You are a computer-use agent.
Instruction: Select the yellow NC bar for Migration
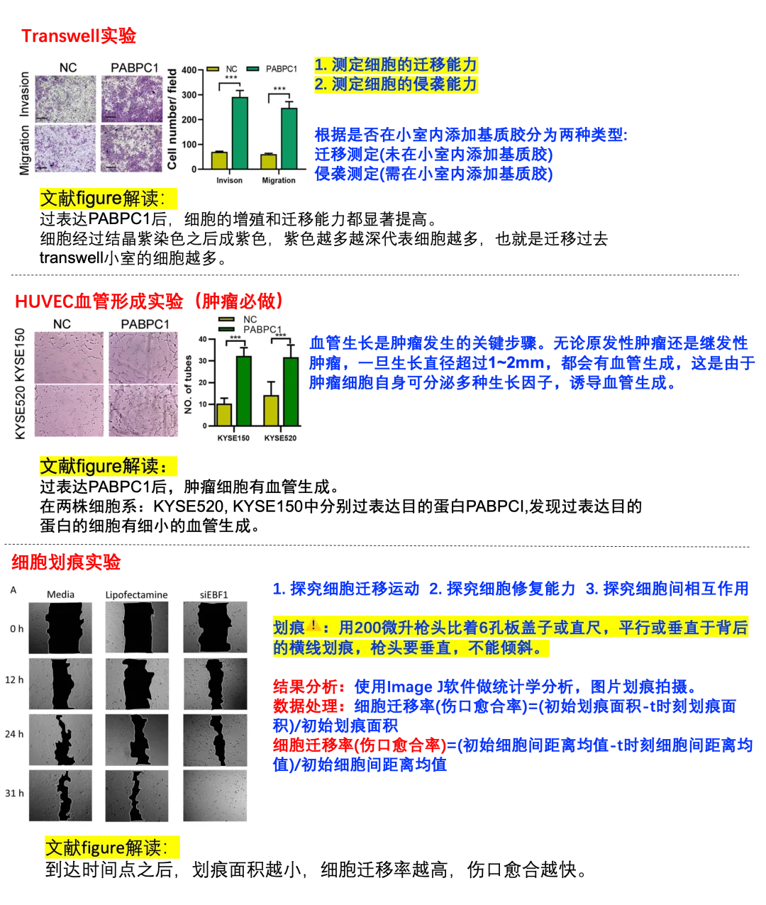coord(268,161)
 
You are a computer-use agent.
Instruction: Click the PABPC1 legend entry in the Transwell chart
coord(281,69)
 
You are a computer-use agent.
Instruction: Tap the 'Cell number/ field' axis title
coord(172,119)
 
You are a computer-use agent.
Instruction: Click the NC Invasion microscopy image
coord(64,98)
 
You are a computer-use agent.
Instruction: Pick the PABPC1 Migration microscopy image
coord(131,148)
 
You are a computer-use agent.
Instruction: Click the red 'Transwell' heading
coord(78,35)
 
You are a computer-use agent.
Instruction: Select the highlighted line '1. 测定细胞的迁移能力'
coord(396,65)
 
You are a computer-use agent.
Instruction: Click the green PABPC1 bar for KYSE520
coord(291,392)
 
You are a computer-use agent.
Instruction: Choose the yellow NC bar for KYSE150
coord(224,414)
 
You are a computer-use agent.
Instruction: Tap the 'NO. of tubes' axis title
coord(189,384)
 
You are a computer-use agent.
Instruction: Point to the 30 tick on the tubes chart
coord(203,361)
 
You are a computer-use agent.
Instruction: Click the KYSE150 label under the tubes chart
coord(233,438)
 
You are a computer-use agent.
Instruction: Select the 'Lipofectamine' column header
coord(136,595)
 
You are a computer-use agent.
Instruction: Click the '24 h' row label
coord(15,734)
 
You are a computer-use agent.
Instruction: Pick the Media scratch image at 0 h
coord(60,628)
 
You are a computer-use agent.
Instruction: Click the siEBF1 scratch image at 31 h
coord(215,795)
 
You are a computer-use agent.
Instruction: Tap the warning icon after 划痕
coord(313,628)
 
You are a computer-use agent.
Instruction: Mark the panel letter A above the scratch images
coord(13,590)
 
